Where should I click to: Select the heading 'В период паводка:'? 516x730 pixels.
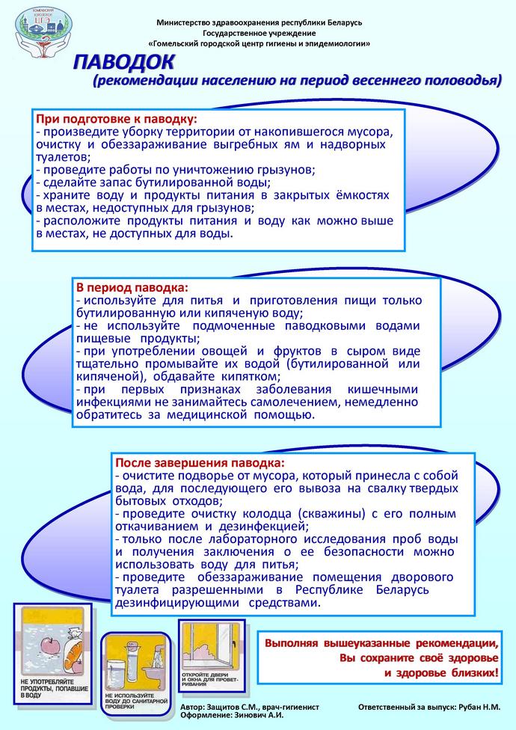pos(131,287)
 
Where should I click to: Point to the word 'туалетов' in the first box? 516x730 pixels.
pos(64,157)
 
